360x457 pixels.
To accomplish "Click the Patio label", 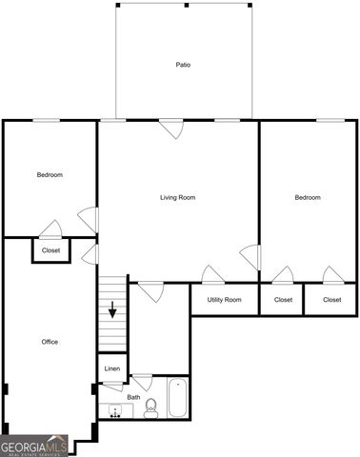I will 183,66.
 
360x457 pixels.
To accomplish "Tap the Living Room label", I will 177,197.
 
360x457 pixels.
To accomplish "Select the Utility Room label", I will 225,300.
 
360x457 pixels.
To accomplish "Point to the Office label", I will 50,342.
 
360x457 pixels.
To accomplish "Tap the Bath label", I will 133,397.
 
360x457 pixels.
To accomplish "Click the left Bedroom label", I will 50,174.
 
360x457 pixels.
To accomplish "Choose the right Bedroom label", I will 307,197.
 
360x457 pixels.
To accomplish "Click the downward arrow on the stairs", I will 113,310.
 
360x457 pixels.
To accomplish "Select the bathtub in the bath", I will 177,399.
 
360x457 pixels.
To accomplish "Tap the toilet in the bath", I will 150,410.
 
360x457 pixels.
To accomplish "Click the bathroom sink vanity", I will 117,412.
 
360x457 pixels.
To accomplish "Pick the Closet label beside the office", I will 50,250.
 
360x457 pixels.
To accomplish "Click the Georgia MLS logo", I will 34,446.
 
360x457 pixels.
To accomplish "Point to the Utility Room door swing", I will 213,274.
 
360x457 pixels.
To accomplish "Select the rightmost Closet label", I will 331,300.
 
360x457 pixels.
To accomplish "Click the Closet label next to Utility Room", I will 283,300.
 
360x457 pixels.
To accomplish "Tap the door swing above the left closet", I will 51,228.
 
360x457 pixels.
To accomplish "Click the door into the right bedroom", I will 251,256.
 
